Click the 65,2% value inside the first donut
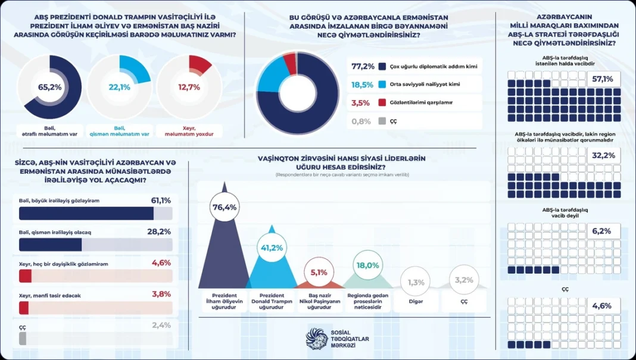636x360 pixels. click(x=50, y=87)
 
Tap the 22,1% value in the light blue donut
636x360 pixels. click(x=119, y=87)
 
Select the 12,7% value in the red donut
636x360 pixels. click(x=189, y=87)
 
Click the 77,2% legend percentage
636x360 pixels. click(x=363, y=66)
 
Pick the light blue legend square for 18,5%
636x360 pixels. click(x=382, y=84)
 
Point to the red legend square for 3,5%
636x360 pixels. click(x=382, y=102)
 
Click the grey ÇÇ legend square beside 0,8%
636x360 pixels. click(x=382, y=121)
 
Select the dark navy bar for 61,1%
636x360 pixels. click(x=86, y=214)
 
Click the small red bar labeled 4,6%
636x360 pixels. click(x=25, y=276)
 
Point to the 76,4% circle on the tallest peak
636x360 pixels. click(x=225, y=207)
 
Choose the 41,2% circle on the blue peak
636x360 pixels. click(x=272, y=248)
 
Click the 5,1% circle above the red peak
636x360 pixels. click(x=319, y=272)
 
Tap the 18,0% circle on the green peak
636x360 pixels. click(x=367, y=265)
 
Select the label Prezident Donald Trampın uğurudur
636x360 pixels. click(x=272, y=300)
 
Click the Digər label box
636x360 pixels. click(x=416, y=301)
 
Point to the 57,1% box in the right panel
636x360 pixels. click(x=603, y=79)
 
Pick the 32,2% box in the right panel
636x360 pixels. click(x=603, y=155)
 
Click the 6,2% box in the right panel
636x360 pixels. click(x=603, y=230)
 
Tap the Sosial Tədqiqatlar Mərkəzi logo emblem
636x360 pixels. click(x=316, y=337)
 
